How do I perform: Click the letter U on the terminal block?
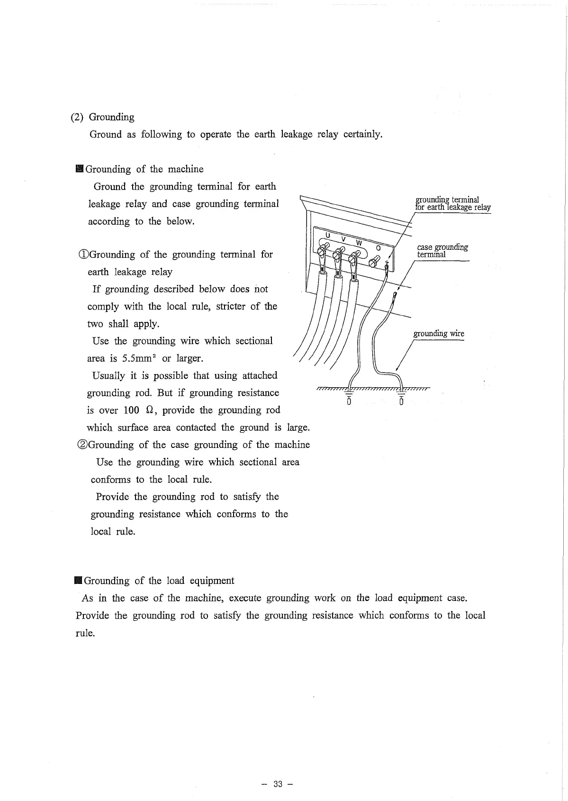(327, 235)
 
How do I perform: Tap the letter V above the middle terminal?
(344, 239)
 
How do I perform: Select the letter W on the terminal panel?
(359, 243)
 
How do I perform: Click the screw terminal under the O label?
(374, 260)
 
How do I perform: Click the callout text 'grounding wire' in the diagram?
(439, 334)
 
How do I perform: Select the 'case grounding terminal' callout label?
(442, 250)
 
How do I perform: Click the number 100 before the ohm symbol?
(131, 410)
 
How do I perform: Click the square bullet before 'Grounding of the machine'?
(79, 169)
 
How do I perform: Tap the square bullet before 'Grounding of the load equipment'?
(78, 581)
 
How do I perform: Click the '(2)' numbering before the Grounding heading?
(77, 117)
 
